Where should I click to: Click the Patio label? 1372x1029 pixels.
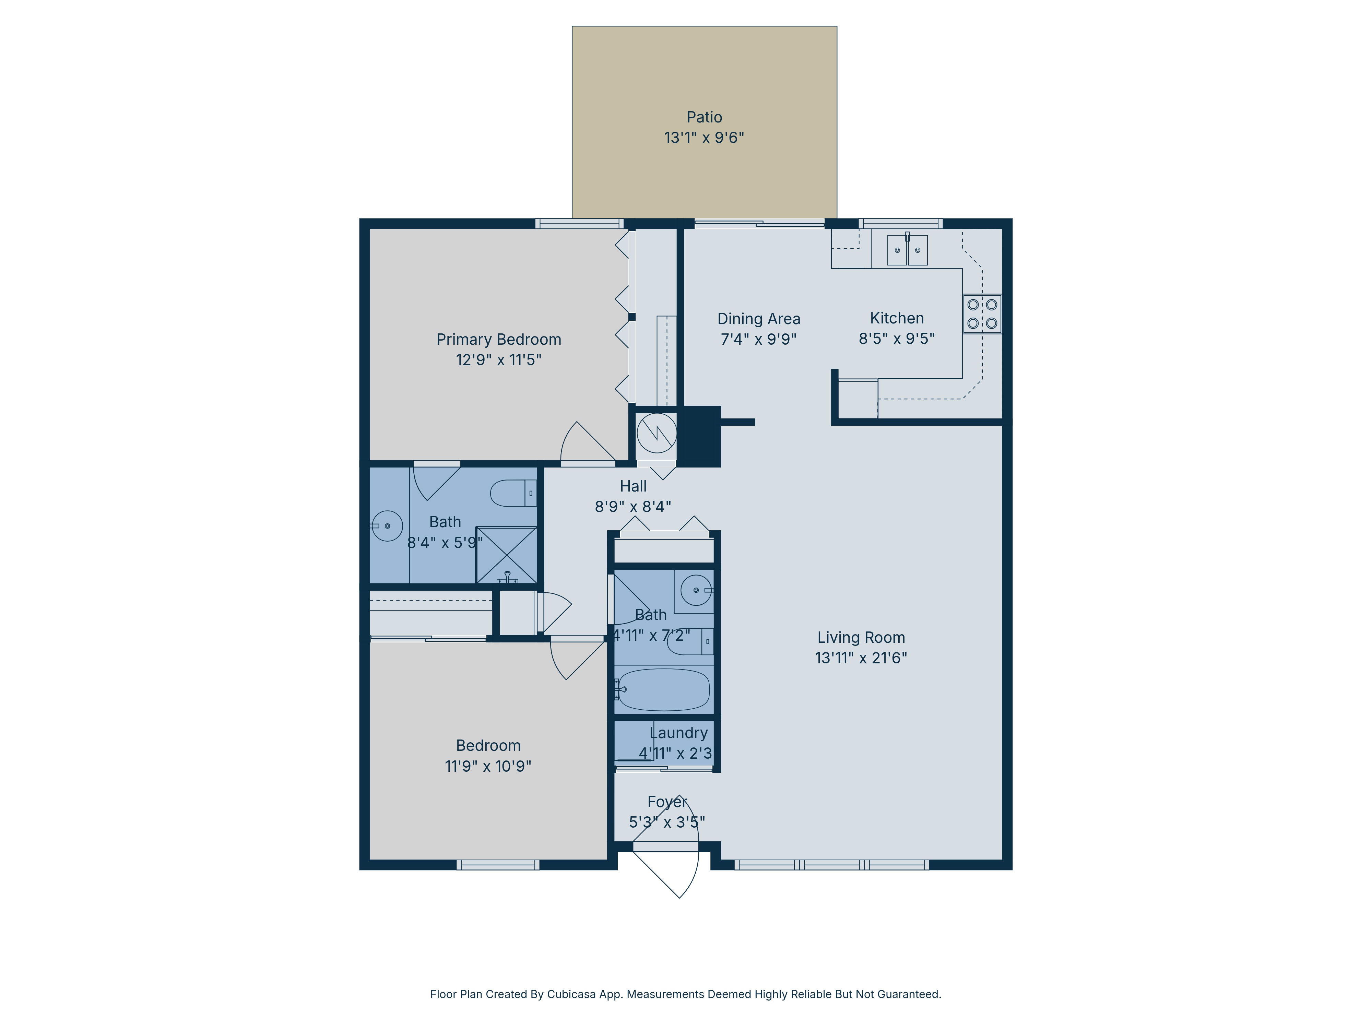click(x=704, y=117)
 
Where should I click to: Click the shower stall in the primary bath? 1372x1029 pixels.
click(x=506, y=555)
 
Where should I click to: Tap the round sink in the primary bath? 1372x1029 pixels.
click(x=387, y=526)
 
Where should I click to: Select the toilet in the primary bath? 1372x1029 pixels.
click(x=512, y=493)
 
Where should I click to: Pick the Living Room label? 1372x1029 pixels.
click(x=861, y=638)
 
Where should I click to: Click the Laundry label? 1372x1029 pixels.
click(x=678, y=733)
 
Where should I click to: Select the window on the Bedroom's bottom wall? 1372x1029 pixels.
click(x=498, y=865)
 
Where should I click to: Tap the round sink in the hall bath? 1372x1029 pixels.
click(x=696, y=590)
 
